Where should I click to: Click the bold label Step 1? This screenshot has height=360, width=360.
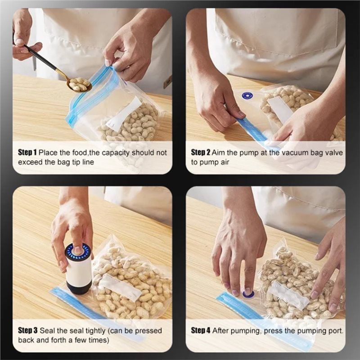[x=27, y=153]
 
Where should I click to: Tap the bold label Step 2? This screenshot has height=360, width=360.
[x=200, y=153]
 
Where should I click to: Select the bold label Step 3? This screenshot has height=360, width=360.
[x=27, y=330]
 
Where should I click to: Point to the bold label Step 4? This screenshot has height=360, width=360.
[x=200, y=330]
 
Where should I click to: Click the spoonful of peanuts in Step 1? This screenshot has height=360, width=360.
[x=80, y=84]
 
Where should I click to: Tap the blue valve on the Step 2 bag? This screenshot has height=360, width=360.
[x=247, y=95]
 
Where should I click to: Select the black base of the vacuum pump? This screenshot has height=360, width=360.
[x=79, y=288]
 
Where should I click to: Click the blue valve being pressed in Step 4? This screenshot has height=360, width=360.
[x=248, y=294]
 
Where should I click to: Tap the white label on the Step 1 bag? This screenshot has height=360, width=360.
[x=124, y=114]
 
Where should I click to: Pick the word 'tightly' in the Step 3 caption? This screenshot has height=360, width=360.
[x=95, y=331]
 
